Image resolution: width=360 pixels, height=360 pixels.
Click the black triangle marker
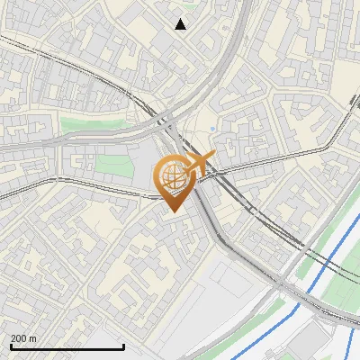click(x=181, y=24)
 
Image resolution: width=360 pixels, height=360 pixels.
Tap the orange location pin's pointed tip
click(x=171, y=211)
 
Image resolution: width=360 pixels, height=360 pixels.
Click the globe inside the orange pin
click(x=171, y=178)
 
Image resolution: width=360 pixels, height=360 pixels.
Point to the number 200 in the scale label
click(x=19, y=339)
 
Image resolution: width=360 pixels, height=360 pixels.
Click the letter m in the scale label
click(x=33, y=339)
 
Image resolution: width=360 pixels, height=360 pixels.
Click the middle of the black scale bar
click(x=67, y=347)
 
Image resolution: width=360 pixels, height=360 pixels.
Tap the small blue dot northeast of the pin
click(x=212, y=130)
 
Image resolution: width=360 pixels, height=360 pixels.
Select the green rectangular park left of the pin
click(x=113, y=166)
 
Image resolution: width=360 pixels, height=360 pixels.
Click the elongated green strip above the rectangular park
click(x=85, y=124)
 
